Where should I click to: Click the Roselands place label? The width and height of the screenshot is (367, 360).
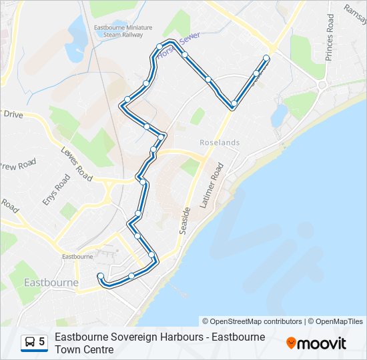click(x=220, y=143)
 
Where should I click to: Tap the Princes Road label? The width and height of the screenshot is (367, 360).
click(x=330, y=37)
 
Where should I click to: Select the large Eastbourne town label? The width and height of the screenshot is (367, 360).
click(x=51, y=282)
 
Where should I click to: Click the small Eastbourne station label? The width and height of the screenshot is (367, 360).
click(x=77, y=256)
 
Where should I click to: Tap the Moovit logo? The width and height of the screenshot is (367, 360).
click(x=316, y=343)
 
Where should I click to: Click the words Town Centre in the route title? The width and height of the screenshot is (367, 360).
click(x=84, y=349)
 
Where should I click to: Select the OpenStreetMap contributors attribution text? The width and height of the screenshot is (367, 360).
click(x=252, y=321)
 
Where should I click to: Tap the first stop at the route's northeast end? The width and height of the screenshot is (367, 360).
click(x=267, y=58)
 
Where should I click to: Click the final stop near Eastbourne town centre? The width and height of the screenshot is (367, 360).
click(x=101, y=276)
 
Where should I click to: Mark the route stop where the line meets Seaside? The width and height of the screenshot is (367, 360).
click(x=234, y=104)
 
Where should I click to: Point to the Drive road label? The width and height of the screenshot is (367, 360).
click(x=13, y=115)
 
